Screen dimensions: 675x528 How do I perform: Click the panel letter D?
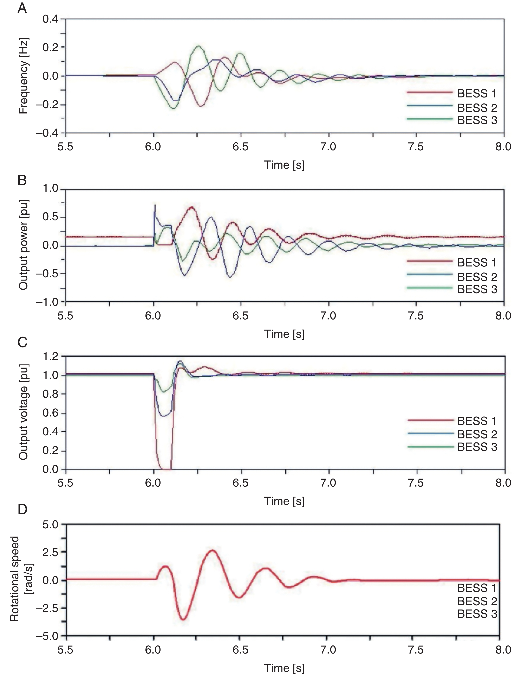[x=22, y=509]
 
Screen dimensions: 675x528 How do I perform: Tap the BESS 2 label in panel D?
[x=477, y=601]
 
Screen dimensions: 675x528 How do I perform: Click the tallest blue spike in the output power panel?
[x=155, y=206]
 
